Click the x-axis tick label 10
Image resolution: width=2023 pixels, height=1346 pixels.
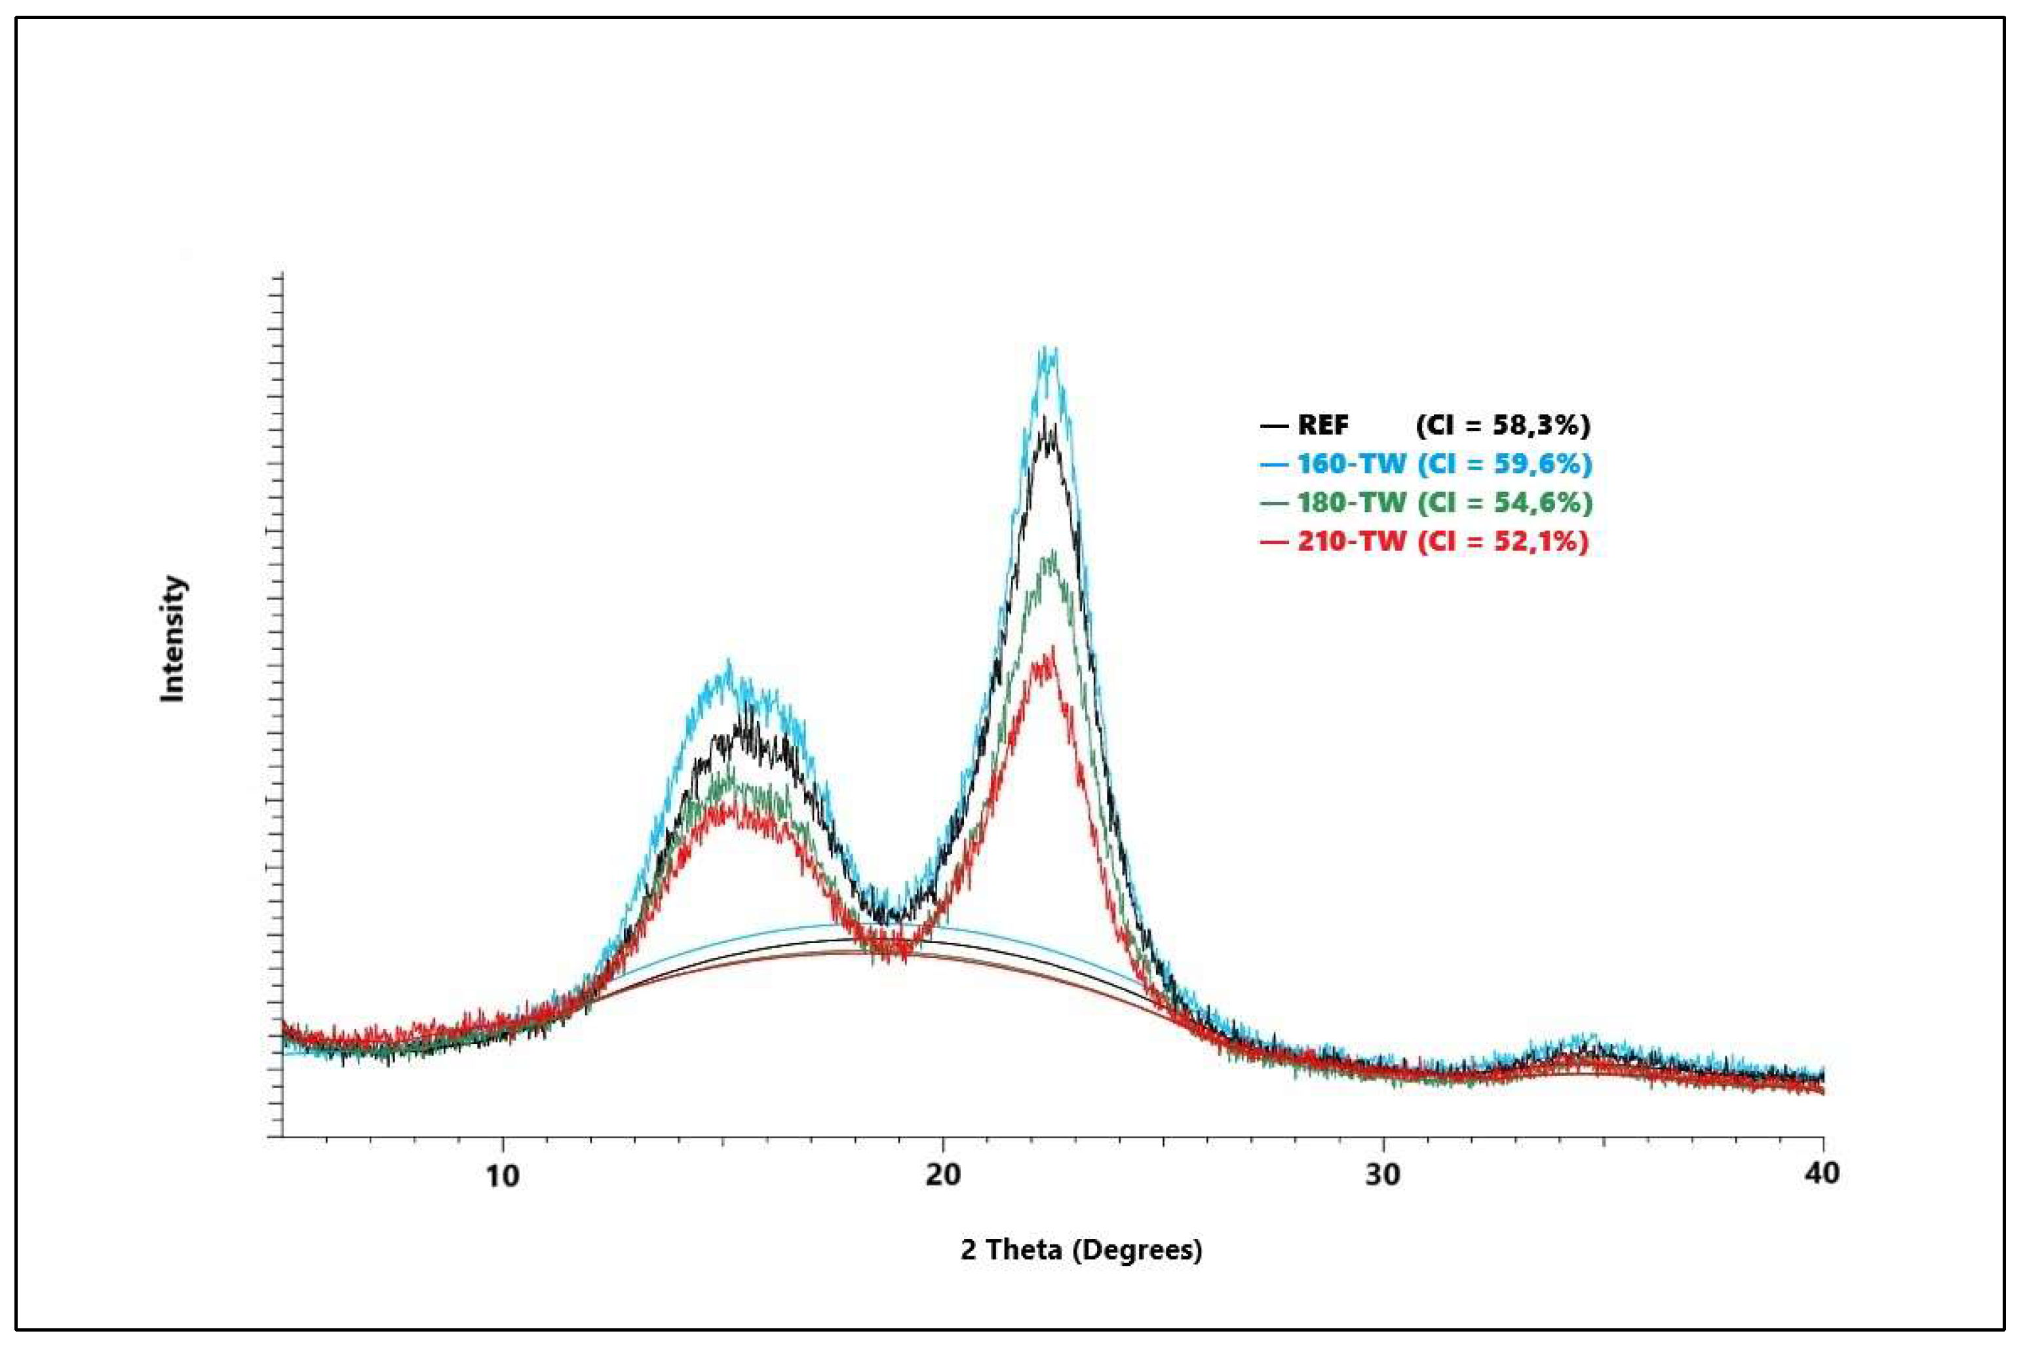(502, 1175)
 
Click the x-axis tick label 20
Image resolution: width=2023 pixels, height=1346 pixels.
(942, 1175)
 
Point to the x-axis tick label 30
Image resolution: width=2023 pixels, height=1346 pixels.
(1383, 1175)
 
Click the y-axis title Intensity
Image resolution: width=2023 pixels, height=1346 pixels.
(174, 639)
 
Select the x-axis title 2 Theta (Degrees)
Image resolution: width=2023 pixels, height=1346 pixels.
(1081, 1250)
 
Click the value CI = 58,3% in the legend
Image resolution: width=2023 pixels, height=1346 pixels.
(1502, 425)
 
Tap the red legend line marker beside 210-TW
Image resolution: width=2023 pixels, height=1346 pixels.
(1274, 542)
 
